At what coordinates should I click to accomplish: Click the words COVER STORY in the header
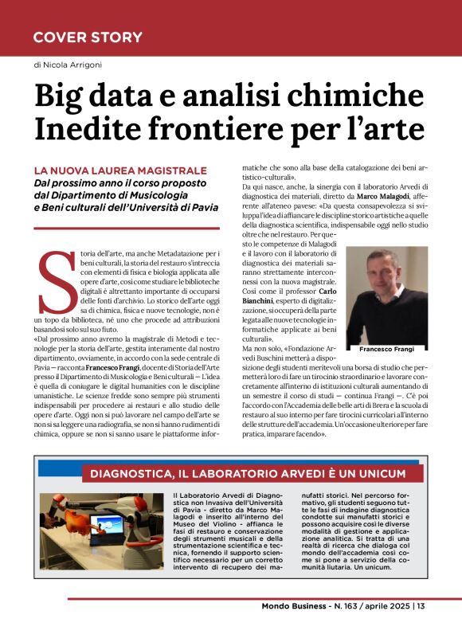pyautogui.click(x=88, y=37)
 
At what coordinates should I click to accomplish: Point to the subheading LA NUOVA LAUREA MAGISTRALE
pyautogui.click(x=119, y=170)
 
